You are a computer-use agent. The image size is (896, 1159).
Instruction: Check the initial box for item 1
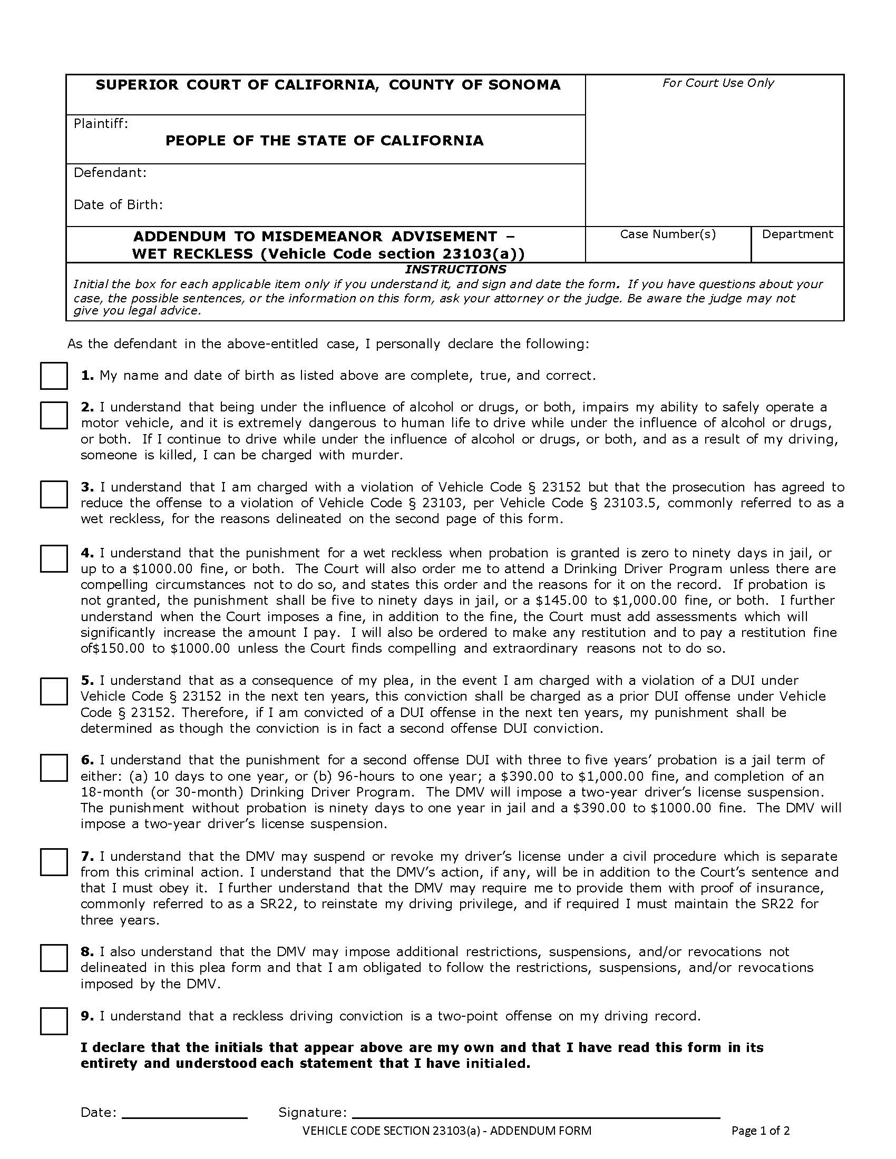54,376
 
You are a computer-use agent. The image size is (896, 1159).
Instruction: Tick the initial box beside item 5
54,691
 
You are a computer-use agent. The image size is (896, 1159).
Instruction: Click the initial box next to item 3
54,494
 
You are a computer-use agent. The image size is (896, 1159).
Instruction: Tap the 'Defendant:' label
110,172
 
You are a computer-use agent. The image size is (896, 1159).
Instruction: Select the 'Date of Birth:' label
118,205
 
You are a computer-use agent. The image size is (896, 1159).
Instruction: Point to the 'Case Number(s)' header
668,234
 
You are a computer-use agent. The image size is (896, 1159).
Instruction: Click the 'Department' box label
797,234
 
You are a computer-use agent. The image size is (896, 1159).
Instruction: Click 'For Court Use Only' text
718,83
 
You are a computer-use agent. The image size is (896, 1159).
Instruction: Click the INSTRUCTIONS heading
455,270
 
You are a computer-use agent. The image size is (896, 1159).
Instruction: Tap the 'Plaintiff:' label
101,124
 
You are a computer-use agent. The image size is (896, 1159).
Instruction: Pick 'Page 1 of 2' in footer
760,1131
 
